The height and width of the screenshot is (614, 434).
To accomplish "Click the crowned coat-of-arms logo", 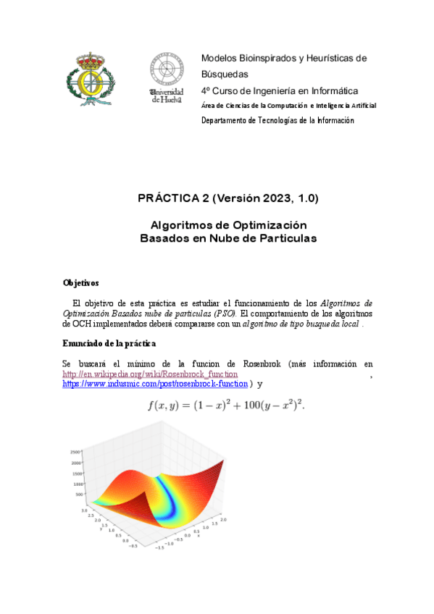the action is pyautogui.click(x=91, y=78).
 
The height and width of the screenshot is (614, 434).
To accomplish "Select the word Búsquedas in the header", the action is pyautogui.click(x=225, y=74).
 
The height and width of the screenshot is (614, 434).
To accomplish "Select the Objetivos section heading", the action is pyautogui.click(x=81, y=282).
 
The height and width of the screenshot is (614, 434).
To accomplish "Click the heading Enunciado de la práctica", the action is pyautogui.click(x=109, y=342).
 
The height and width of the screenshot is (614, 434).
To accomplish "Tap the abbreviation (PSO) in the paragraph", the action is pyautogui.click(x=224, y=314).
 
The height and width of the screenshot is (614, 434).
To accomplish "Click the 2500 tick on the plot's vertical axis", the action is pyautogui.click(x=75, y=450).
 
